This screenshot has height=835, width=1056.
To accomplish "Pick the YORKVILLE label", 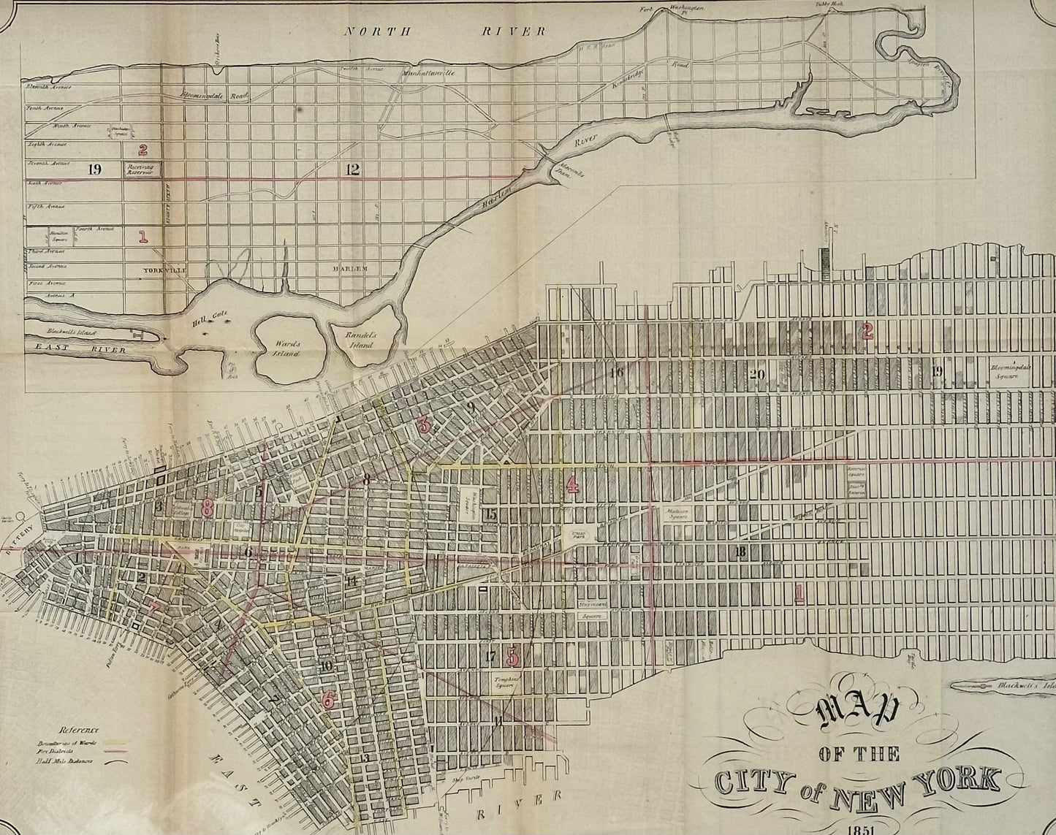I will pyautogui.click(x=165, y=269).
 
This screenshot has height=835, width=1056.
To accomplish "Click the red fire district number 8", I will pyautogui.click(x=208, y=508).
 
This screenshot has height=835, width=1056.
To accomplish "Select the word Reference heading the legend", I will pyautogui.click(x=80, y=729).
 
